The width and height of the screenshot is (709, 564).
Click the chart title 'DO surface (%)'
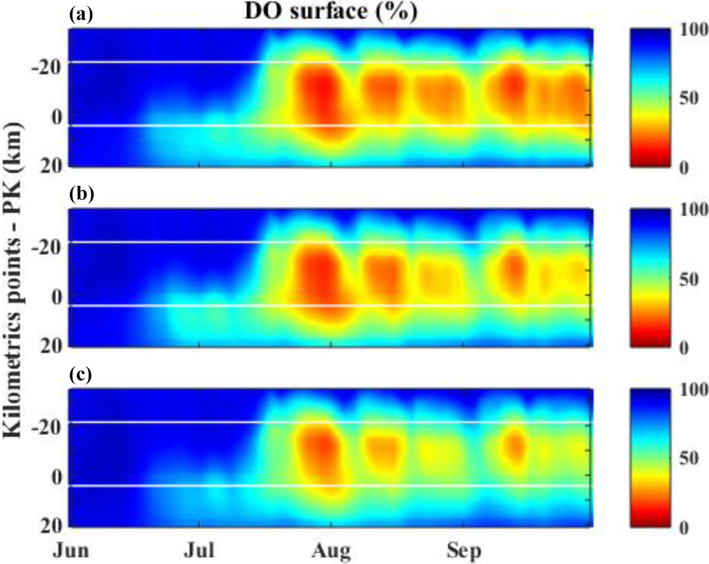331,11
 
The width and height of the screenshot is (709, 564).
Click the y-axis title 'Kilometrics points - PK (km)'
13,280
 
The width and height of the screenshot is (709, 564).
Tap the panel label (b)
81,194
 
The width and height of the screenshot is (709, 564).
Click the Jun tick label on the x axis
71,550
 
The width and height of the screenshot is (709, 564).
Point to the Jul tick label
199,550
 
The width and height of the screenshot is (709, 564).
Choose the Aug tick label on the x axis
331,551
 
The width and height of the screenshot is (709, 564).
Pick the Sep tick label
464,551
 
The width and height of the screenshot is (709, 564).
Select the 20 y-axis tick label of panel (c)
51,526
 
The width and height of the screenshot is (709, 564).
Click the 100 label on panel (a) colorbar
694,30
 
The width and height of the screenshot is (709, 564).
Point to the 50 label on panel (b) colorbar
688,279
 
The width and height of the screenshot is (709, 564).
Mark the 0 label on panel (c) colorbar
683,528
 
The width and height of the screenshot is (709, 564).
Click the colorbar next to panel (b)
650,278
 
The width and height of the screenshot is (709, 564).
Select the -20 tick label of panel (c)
47,429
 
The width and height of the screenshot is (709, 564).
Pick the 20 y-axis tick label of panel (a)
51,167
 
